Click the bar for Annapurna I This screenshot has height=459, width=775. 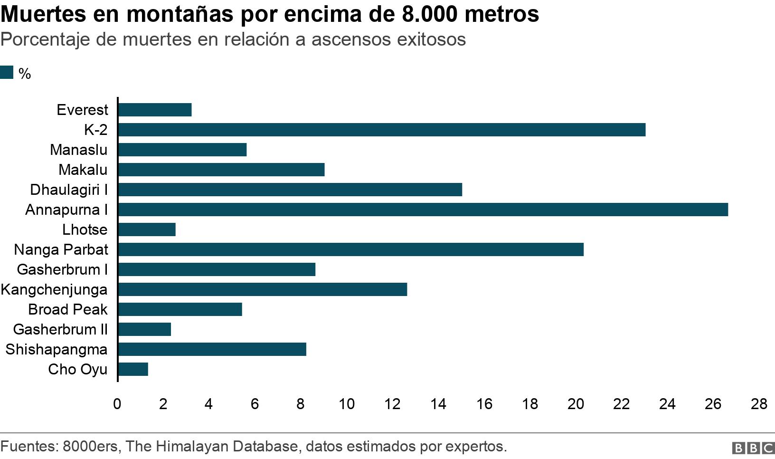pyautogui.click(x=423, y=210)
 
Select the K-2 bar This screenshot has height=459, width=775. pyautogui.click(x=382, y=130)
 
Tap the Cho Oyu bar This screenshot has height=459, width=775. pyautogui.click(x=133, y=369)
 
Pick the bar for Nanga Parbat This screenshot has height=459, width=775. pyautogui.click(x=351, y=249)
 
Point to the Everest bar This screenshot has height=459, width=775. pyautogui.click(x=155, y=110)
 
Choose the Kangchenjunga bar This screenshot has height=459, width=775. pyautogui.click(x=263, y=289)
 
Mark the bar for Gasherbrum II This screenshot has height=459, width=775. pyautogui.click(x=145, y=329)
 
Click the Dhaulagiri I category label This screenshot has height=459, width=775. pyautogui.click(x=69, y=190)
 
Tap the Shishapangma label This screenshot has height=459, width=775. pyautogui.click(x=57, y=350)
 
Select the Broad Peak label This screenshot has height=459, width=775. pyautogui.click(x=68, y=309)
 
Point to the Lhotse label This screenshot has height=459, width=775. pyautogui.click(x=85, y=229)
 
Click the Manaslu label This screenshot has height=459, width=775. pyautogui.click(x=78, y=150)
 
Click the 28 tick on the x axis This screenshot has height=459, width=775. pyautogui.click(x=759, y=404)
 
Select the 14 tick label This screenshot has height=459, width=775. pyautogui.click(x=438, y=404)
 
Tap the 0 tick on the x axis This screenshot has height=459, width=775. pyautogui.click(x=117, y=404)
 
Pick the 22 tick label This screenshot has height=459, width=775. pyautogui.click(x=622, y=404)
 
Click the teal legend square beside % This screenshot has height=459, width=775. pyautogui.click(x=7, y=72)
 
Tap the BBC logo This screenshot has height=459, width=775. pyautogui.click(x=753, y=448)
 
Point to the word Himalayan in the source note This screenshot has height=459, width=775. pyautogui.click(x=193, y=447)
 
